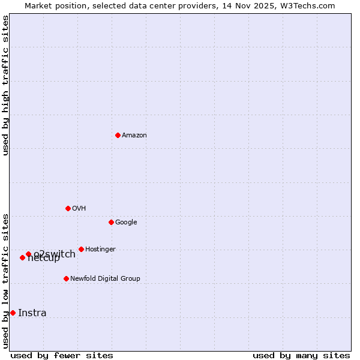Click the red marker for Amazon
coord(118,135)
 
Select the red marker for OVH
coord(68,208)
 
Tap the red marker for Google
coord(111,222)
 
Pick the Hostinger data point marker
coord(81,249)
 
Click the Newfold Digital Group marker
coord(66,278)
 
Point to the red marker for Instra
coord(13,313)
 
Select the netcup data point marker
coord(22,257)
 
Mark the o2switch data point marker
coord(28,254)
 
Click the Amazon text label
coord(134,136)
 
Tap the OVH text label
coord(79,209)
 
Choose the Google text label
coord(126,223)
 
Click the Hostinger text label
coord(100,250)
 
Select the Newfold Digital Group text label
coord(105,279)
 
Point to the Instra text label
coord(32,313)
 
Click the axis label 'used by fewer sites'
coord(62,356)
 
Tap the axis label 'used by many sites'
coord(301,356)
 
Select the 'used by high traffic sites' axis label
coord(6,85)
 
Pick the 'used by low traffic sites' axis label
coord(6,281)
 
